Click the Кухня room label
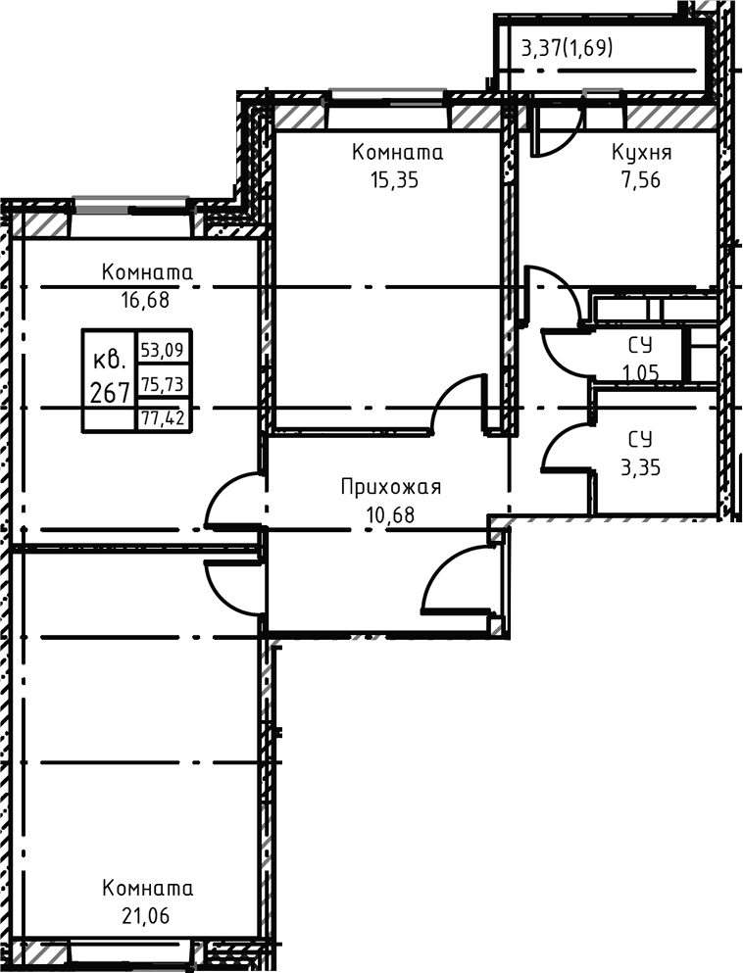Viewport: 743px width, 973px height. click(x=641, y=153)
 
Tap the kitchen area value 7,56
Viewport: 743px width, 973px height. click(x=642, y=180)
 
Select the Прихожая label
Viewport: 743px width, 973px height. click(x=391, y=487)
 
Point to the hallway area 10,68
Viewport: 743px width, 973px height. click(x=391, y=515)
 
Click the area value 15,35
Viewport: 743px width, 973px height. click(x=395, y=180)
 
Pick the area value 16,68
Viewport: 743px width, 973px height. click(x=145, y=301)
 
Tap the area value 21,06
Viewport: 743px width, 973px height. click(x=145, y=916)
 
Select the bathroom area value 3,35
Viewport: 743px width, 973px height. click(x=641, y=467)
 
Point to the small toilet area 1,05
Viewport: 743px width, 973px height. click(x=641, y=372)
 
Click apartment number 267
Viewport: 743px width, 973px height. click(x=109, y=392)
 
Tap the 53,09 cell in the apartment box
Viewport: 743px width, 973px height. click(x=162, y=351)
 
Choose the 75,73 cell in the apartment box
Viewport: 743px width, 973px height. click(x=162, y=385)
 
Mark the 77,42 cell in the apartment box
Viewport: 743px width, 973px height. click(x=163, y=418)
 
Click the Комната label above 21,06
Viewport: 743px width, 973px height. click(x=147, y=888)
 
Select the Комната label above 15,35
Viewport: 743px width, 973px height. click(x=397, y=153)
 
